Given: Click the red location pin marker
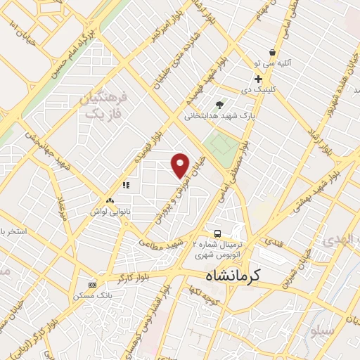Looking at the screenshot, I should point(181,165).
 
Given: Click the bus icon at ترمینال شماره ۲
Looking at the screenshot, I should point(217,233).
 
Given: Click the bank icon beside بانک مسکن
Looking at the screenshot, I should point(93,285).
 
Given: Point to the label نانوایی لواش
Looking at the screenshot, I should point(109,210).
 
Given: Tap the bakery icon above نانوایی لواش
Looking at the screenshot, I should point(109,200).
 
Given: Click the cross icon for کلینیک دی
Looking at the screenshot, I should point(259,79).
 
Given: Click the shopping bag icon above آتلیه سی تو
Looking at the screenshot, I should point(272,52).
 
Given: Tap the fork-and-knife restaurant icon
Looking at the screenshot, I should point(126,185).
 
